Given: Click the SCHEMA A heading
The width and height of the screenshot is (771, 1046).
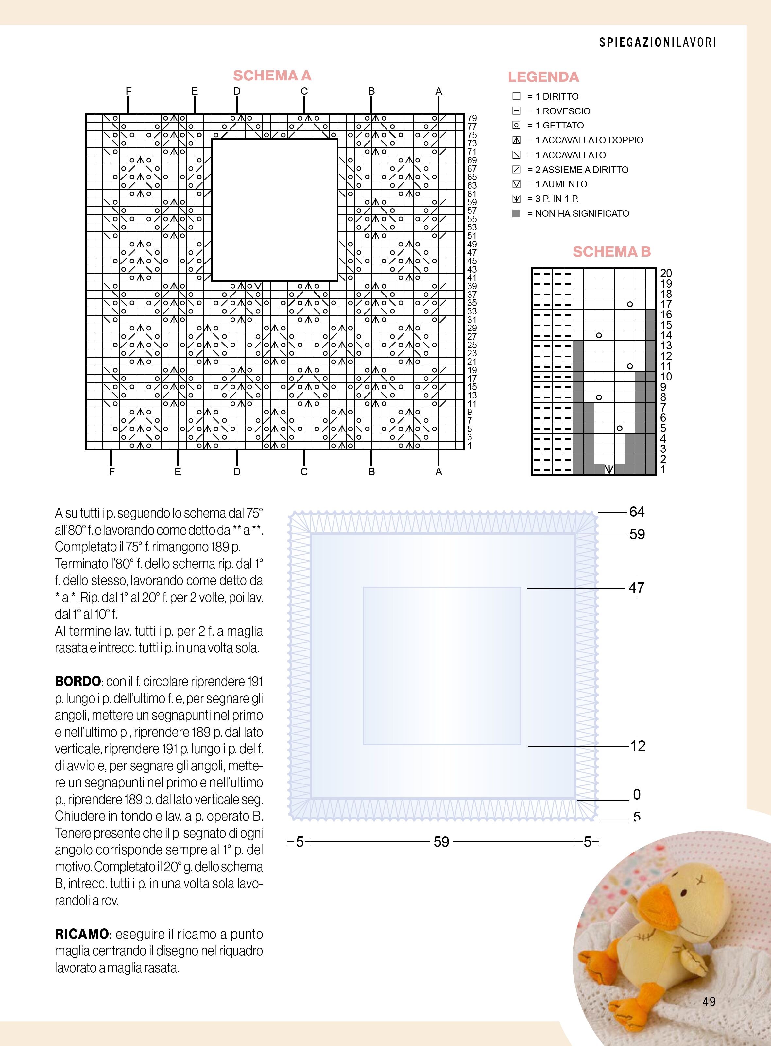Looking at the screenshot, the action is click(272, 76).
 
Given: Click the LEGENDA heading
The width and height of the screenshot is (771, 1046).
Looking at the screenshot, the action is click(543, 77).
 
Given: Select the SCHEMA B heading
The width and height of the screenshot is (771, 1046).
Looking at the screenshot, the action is click(611, 252).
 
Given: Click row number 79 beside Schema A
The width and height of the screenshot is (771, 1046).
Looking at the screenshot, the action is click(472, 118).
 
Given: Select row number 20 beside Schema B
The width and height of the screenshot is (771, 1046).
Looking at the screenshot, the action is click(666, 273).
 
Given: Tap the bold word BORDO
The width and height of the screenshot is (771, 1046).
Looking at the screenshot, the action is click(77, 682).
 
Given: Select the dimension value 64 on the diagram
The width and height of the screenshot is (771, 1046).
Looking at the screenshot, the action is click(637, 512).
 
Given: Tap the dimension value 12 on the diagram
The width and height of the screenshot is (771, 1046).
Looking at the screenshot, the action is click(638, 746).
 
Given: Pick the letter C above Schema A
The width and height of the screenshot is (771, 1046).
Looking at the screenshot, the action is click(304, 91).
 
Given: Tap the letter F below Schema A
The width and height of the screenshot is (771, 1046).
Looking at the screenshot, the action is click(111, 472).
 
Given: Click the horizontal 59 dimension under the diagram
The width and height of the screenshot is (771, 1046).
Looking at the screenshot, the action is click(441, 842).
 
